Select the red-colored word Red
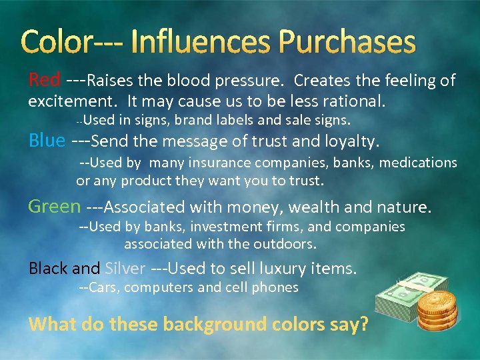[44, 81]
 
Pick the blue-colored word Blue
[47, 141]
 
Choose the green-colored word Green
[54, 207]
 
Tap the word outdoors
[285, 244]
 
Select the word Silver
[125, 269]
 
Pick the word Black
[48, 269]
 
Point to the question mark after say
[363, 325]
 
